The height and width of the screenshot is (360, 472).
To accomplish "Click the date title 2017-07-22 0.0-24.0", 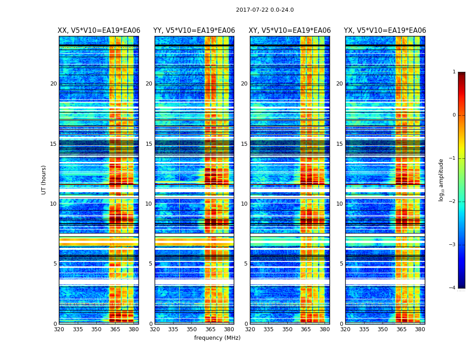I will pyautogui.click(x=265, y=10).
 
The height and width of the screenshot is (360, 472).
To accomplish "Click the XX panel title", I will pyautogui.click(x=99, y=31).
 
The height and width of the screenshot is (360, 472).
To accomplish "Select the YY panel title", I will pyautogui.click(x=194, y=31).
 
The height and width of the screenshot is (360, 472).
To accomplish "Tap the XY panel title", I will pyautogui.click(x=290, y=31).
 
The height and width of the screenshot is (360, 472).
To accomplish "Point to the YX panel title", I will pyautogui.click(x=385, y=31).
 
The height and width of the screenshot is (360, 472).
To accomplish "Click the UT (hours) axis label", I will pyautogui.click(x=44, y=180).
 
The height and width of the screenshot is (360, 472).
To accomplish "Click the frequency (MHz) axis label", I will pyautogui.click(x=217, y=338).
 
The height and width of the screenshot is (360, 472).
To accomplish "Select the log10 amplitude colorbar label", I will pyautogui.click(x=441, y=180).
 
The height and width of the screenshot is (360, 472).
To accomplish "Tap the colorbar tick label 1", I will pyautogui.click(x=454, y=72).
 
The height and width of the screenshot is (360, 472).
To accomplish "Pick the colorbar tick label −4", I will pyautogui.click(x=453, y=288).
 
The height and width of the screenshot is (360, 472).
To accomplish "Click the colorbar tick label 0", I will pyautogui.click(x=454, y=115).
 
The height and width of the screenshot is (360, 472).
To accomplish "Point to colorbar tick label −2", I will pyautogui.click(x=453, y=202).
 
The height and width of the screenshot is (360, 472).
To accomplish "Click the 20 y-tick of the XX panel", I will pyautogui.click(x=53, y=84).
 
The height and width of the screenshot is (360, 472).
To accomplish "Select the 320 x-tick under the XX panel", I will pyautogui.click(x=59, y=329).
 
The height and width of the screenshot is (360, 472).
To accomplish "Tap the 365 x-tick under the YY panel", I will pyautogui.click(x=210, y=329).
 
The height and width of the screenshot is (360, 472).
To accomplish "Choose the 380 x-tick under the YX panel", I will pyautogui.click(x=420, y=329).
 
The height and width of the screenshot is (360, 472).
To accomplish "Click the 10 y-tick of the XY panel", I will pyautogui.click(x=244, y=204).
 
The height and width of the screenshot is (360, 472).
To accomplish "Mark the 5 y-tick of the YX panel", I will pyautogui.click(x=342, y=264).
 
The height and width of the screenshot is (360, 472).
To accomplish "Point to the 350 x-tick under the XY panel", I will pyautogui.click(x=287, y=329).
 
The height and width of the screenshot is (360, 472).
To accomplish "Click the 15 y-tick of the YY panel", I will pyautogui.click(x=149, y=144).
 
